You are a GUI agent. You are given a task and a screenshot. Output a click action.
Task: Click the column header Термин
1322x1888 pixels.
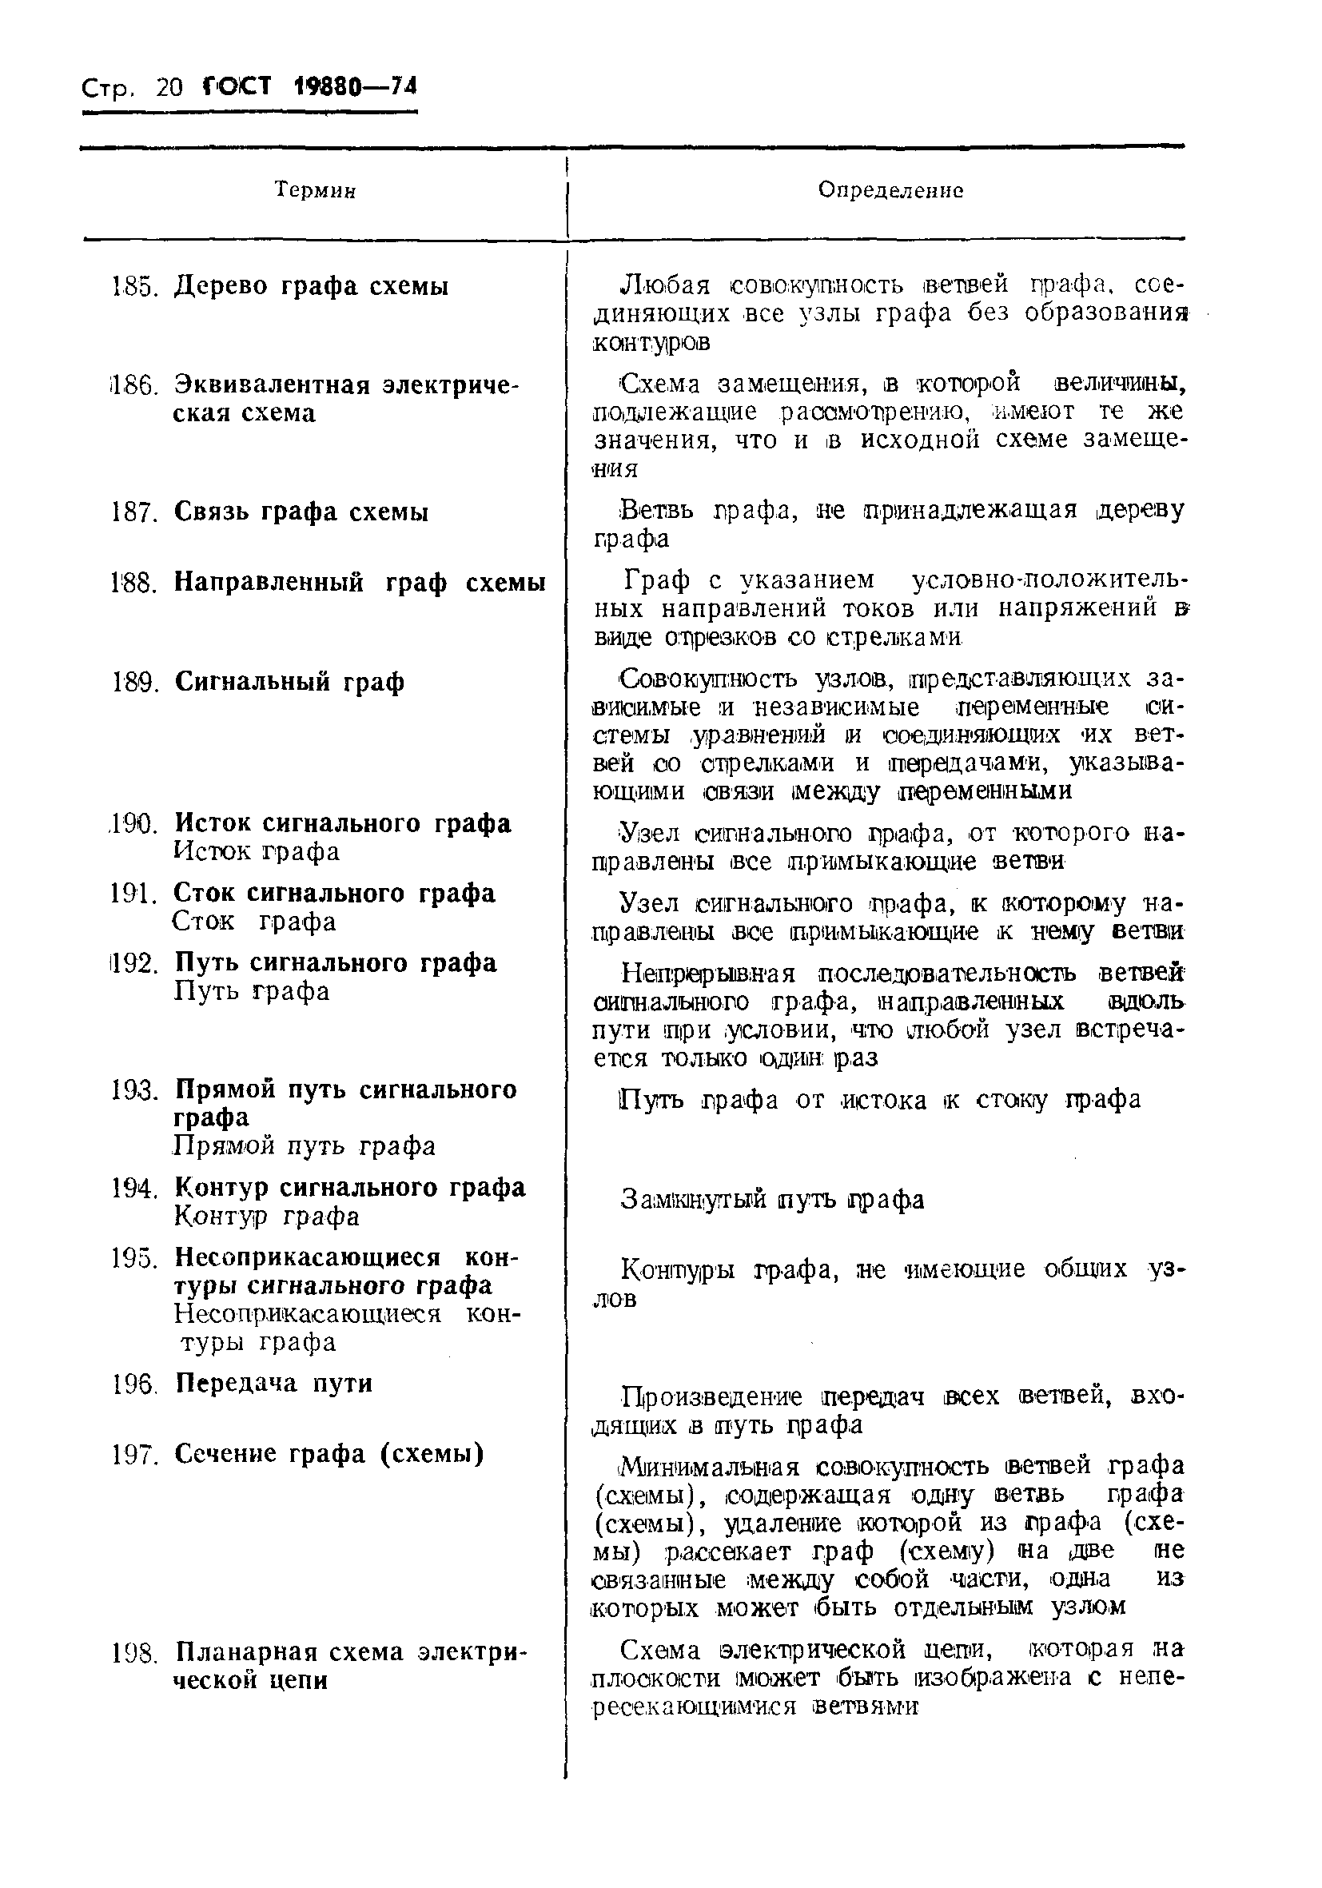click(315, 191)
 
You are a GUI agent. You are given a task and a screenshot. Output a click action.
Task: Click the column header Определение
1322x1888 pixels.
click(890, 191)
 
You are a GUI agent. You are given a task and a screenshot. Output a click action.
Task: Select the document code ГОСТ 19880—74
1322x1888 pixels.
click(309, 86)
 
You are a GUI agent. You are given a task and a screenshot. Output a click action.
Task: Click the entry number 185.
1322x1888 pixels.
click(133, 288)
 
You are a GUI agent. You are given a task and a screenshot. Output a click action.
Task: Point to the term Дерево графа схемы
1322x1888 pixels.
click(311, 287)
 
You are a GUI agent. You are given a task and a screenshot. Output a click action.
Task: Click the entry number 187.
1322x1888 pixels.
click(133, 513)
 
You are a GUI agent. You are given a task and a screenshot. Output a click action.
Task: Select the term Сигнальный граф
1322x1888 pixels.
click(289, 683)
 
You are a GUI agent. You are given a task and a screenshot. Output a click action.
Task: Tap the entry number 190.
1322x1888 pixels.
click(133, 824)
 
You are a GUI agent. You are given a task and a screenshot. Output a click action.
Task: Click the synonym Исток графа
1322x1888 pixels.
click(257, 852)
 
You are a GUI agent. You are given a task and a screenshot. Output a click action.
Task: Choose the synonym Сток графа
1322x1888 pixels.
click(255, 922)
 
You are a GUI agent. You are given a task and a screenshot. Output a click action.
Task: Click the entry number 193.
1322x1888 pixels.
click(133, 1091)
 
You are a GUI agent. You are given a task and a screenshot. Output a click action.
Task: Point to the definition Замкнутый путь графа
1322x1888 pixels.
click(771, 1200)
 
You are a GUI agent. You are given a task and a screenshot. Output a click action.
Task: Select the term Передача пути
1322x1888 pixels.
click(274, 1384)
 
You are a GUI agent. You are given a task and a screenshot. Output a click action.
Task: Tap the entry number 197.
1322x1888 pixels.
click(133, 1456)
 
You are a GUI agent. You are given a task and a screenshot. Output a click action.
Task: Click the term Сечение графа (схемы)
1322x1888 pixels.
click(329, 1455)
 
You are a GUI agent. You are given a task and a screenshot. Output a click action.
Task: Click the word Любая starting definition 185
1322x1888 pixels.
click(663, 285)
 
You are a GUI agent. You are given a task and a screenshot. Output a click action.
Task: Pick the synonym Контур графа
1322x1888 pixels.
click(266, 1217)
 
